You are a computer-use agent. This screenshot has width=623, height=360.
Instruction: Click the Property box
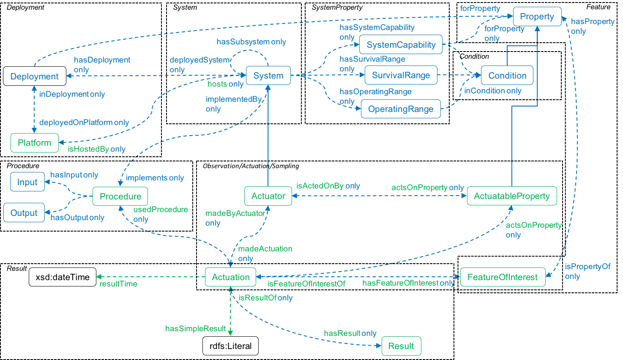tap(537, 16)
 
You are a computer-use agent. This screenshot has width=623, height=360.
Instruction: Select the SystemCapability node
tap(401, 45)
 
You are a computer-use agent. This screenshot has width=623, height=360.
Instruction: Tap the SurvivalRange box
tap(401, 76)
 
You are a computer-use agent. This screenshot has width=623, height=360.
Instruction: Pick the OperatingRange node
tap(401, 109)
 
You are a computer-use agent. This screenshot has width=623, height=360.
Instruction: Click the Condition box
tap(507, 76)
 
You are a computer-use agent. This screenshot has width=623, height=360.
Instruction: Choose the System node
tap(268, 76)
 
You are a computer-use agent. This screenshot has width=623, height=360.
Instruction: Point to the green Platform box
tap(35, 143)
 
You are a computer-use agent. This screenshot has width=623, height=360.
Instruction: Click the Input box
tap(27, 182)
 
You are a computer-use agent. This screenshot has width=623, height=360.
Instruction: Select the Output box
tap(24, 213)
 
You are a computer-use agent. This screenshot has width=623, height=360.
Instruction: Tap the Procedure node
tap(120, 196)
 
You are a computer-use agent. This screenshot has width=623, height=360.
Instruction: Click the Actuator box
tap(268, 196)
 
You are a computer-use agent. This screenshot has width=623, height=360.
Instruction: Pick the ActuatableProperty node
tap(512, 196)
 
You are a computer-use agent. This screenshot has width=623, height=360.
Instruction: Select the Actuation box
tap(231, 277)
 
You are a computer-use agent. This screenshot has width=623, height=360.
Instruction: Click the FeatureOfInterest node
tap(503, 277)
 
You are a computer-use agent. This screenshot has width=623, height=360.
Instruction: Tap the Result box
tap(401, 346)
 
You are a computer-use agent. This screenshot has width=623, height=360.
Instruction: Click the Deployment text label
tap(35, 76)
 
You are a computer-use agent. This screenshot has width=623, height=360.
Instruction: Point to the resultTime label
tap(118, 284)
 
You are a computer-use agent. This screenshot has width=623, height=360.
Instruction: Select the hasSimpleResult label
tap(196, 328)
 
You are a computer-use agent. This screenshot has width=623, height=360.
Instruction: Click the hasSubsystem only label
tap(251, 42)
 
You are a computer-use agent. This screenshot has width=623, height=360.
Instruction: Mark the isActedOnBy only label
tap(328, 186)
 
